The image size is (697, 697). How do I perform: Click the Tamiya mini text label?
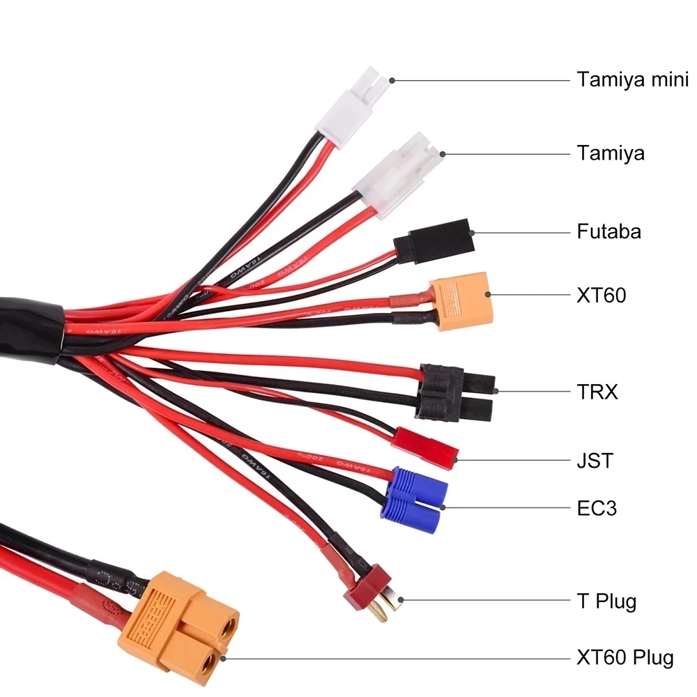point(632,79)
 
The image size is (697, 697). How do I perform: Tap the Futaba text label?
point(608,231)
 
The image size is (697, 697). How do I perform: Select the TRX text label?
point(597,392)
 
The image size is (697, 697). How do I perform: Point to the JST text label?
point(595,461)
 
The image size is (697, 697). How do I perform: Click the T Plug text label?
point(606,601)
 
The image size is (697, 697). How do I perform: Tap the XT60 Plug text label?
point(625,657)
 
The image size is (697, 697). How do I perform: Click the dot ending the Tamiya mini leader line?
point(392,80)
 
